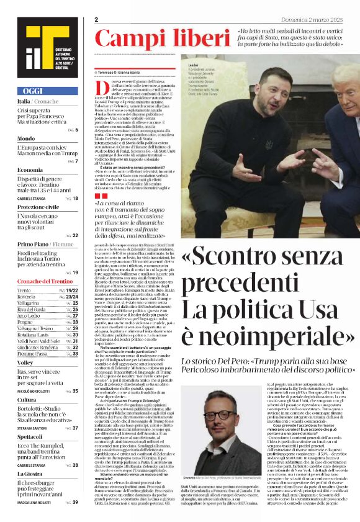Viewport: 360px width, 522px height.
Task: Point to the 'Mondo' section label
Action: click(26, 138)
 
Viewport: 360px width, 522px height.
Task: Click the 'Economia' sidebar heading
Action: click(30, 169)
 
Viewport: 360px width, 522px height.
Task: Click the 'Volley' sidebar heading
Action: click(25, 362)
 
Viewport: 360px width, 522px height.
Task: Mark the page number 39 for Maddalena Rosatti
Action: click(75, 502)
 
